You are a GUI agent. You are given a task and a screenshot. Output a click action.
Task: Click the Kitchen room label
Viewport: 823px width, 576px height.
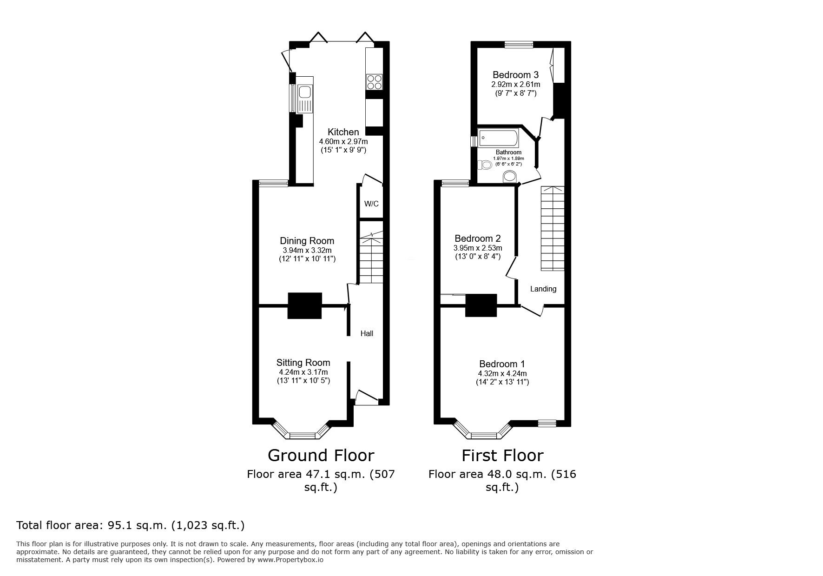click(343, 132)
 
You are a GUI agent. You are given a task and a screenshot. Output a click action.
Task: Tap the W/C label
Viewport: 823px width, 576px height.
click(371, 204)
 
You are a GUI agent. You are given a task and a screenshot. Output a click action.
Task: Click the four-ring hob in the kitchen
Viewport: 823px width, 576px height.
click(374, 82)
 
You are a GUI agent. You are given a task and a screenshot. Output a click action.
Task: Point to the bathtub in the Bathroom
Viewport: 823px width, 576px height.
click(498, 139)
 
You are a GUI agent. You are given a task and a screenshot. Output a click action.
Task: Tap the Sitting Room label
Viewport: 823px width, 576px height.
click(303, 363)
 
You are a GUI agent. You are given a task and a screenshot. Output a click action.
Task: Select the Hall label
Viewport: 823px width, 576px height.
click(367, 333)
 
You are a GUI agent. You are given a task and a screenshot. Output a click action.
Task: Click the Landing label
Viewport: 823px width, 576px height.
click(543, 289)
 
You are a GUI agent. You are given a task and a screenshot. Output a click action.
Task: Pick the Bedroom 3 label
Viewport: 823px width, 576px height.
click(515, 75)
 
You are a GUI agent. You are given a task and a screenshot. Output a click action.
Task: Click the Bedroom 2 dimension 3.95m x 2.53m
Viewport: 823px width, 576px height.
click(478, 248)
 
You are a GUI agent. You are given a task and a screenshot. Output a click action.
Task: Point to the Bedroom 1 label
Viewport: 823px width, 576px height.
click(502, 364)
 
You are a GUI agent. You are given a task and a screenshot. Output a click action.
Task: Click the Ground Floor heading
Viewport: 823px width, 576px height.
click(321, 455)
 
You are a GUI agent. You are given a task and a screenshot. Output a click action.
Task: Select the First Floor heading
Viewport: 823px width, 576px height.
click(502, 455)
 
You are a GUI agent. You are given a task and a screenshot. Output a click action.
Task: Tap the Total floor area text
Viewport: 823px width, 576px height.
click(130, 525)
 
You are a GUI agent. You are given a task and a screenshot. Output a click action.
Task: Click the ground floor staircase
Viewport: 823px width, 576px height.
click(371, 260)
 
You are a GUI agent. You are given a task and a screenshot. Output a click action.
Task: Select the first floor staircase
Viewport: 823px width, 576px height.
click(552, 229)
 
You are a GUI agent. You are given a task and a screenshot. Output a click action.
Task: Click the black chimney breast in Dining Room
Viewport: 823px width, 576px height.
click(304, 305)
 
